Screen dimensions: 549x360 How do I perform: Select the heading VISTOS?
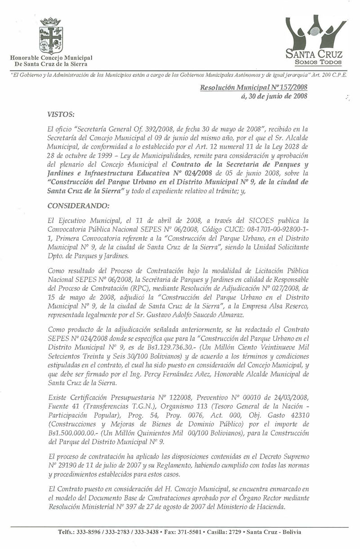coord(61,116)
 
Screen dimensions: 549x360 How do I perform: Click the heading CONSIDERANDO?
coord(75,207)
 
